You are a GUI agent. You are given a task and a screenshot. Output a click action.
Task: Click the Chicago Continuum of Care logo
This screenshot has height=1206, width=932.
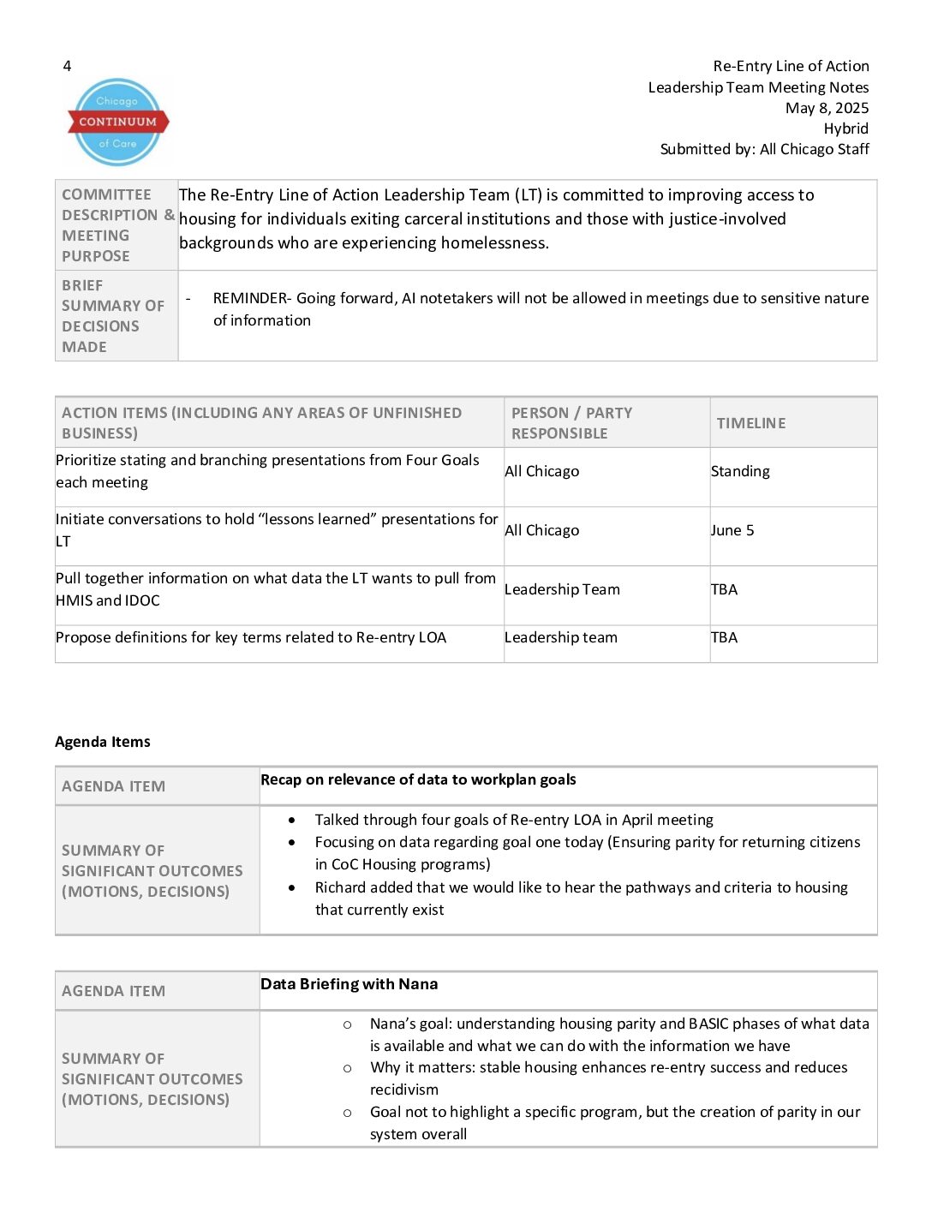(x=117, y=122)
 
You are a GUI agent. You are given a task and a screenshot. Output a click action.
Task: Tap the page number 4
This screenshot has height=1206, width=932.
(x=67, y=66)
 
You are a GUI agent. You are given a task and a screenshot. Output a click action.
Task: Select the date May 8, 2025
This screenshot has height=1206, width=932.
(x=827, y=108)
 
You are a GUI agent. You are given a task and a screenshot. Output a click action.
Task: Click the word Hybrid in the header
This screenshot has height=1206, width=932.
(x=845, y=128)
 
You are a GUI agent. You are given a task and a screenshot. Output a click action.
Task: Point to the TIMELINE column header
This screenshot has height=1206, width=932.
(x=750, y=423)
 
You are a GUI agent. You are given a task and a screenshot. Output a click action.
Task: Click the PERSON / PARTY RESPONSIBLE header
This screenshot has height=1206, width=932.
(x=571, y=423)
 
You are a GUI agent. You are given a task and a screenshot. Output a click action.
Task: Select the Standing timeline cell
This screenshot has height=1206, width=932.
(x=740, y=471)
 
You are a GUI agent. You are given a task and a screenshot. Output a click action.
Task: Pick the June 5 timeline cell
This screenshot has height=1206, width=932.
(x=732, y=530)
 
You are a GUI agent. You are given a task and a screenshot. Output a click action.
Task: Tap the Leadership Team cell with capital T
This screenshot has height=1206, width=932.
(x=562, y=589)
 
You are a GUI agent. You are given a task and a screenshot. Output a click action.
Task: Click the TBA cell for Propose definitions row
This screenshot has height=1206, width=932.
(x=724, y=637)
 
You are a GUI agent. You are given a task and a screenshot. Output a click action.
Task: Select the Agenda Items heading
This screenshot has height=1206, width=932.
(x=103, y=742)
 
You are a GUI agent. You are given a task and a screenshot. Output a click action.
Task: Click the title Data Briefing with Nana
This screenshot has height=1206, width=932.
(x=349, y=984)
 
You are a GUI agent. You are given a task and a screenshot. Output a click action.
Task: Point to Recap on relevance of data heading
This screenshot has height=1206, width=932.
(x=418, y=779)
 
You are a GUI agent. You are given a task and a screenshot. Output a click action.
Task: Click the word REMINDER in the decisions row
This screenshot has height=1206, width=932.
(x=251, y=298)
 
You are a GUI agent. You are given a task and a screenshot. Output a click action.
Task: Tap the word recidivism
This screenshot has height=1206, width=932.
(x=403, y=1090)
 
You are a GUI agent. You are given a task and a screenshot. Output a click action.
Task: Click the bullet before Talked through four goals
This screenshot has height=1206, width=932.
(x=292, y=820)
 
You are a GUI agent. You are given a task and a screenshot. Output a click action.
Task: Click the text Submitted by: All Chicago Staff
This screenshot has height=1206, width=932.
(x=764, y=149)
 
